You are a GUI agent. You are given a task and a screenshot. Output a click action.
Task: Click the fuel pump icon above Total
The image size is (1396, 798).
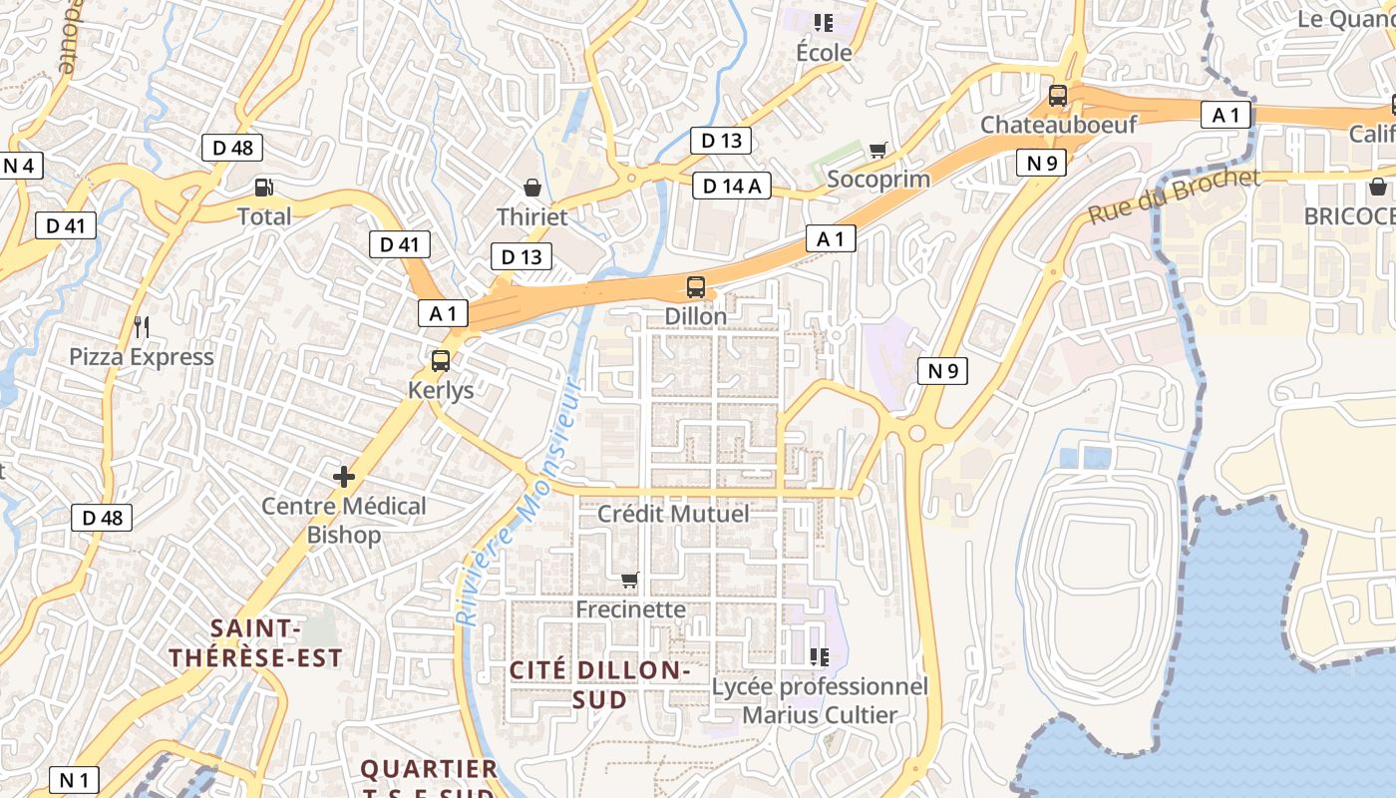coord(264,187)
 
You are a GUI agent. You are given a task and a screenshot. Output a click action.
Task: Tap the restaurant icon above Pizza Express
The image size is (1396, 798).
coord(142,326)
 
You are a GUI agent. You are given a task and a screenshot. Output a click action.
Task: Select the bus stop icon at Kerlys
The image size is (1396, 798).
coord(441,361)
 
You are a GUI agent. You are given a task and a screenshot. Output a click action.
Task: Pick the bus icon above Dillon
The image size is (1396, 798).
coord(696,287)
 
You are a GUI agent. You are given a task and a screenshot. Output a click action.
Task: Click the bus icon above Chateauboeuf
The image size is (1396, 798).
coord(1058,96)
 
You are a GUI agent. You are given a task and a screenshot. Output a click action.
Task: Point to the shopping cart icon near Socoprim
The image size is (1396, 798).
coord(877,151)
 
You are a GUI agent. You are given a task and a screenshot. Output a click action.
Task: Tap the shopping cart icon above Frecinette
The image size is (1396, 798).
coord(629,580)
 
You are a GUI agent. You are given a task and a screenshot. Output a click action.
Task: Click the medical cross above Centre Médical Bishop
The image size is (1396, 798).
coord(344,477)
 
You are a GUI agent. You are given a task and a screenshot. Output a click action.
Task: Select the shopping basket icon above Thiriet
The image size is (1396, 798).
coord(532,188)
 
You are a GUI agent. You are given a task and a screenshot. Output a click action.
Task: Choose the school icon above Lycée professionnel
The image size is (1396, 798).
coord(820,656)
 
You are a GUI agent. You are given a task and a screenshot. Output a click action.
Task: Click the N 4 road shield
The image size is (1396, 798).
coord(20,166)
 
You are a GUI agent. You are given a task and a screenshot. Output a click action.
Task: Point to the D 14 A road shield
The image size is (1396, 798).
coord(732,185)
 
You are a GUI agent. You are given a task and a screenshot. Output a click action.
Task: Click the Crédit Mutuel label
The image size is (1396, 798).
coord(673,514)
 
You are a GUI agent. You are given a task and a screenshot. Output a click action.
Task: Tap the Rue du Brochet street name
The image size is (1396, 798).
coord(1174,197)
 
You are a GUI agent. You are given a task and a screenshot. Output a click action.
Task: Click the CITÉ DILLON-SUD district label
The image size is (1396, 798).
coord(600,684)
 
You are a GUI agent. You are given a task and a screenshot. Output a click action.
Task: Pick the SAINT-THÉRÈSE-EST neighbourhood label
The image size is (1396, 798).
coord(255,643)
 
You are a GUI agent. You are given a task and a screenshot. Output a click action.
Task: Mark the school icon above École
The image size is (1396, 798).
coord(824,22)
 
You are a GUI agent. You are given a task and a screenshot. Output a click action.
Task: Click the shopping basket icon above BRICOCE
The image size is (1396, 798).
coord(1377,187)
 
